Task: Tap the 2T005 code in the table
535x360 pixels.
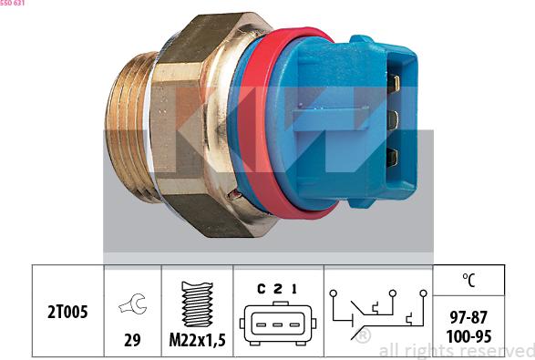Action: (67, 313)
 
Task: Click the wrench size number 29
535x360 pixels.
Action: (132, 340)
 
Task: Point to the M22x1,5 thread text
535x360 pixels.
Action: (197, 341)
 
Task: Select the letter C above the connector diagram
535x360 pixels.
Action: (261, 289)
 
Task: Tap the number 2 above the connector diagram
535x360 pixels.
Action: (277, 289)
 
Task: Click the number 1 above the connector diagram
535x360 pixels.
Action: (294, 289)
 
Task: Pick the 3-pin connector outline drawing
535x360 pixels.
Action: (276, 324)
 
